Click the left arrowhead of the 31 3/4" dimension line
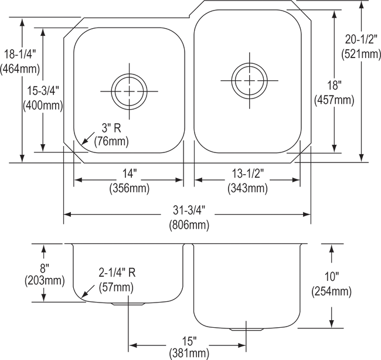point(65,216)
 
